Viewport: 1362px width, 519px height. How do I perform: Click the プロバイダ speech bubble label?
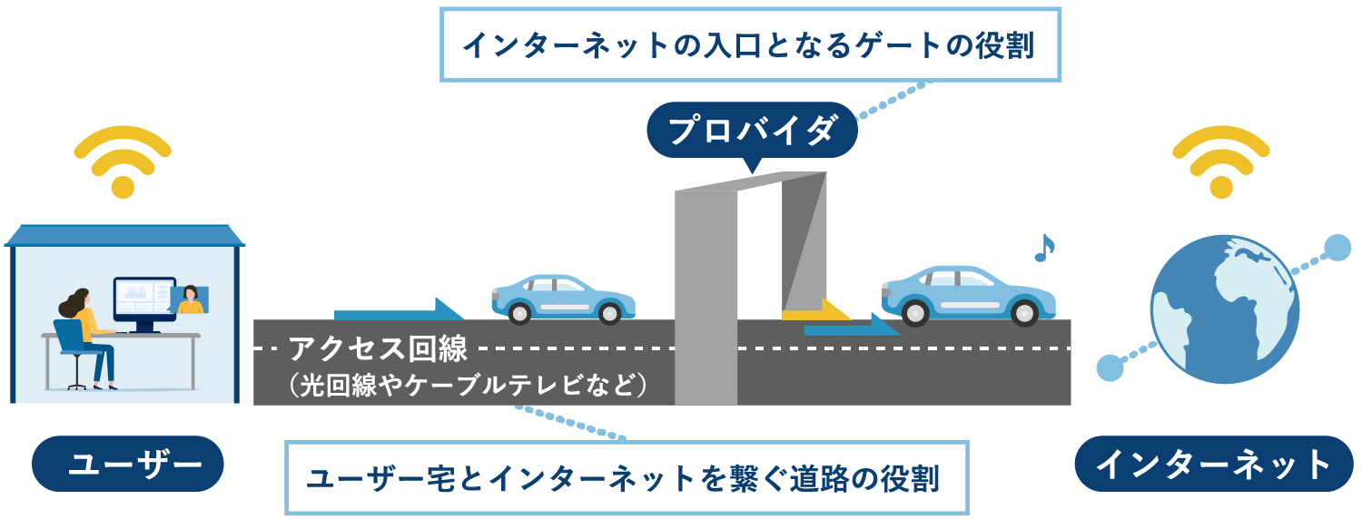coord(751,131)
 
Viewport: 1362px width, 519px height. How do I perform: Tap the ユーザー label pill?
coord(128,464)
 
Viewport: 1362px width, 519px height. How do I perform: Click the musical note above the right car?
coord(1045,248)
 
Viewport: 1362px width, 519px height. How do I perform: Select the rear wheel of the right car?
coord(914,312)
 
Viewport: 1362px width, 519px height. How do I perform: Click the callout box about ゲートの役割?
coord(750,44)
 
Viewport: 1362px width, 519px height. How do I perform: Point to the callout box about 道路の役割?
coord(627,478)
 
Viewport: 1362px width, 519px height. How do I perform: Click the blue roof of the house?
coord(124,234)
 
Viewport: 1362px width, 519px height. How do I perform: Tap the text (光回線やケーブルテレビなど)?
coord(463,384)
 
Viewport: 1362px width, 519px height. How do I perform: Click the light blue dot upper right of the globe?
coord(1337,248)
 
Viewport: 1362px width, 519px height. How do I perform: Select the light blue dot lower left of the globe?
coord(1110,367)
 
